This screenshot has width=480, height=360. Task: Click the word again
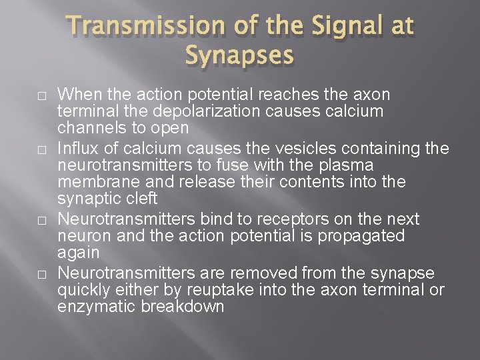pyautogui.click(x=78, y=253)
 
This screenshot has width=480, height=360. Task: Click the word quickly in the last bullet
pyautogui.click(x=81, y=289)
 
